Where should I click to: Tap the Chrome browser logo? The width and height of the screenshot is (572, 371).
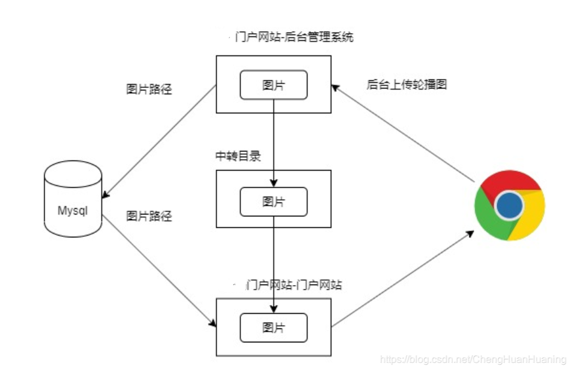(x=509, y=205)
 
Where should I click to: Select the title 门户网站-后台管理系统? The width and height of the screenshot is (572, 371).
(x=294, y=37)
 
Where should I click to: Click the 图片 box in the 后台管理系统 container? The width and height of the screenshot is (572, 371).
(x=273, y=85)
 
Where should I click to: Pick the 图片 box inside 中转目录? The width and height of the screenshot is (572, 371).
(x=273, y=202)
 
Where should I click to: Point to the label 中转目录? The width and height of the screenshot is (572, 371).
(x=238, y=157)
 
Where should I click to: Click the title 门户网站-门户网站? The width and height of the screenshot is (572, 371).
(x=294, y=284)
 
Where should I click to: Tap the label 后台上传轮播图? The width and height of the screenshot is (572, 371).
(x=406, y=84)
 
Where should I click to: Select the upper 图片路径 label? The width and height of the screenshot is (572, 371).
(x=149, y=89)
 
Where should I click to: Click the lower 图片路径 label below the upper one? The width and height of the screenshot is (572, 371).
(x=149, y=216)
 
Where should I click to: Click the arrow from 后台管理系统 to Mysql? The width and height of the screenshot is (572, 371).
(x=159, y=140)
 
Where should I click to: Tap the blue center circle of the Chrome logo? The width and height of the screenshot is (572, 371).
(x=509, y=205)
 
